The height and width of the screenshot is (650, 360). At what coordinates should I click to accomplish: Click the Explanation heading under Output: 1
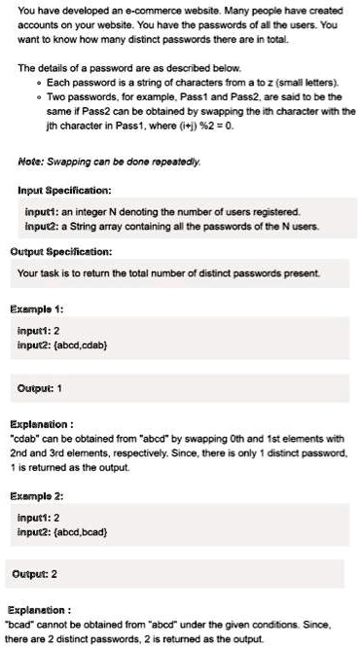pyautogui.click(x=42, y=423)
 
